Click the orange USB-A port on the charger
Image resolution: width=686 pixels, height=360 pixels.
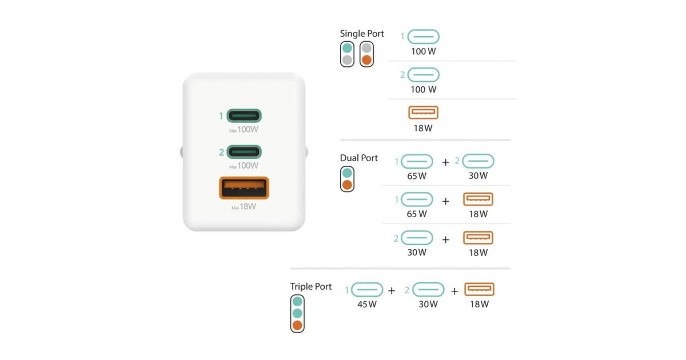[x=244, y=188]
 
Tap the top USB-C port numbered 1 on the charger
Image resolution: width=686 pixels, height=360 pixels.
[x=244, y=116]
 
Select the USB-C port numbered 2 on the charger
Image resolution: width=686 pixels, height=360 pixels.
[x=244, y=152]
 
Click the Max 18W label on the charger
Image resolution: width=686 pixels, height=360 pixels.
[x=244, y=206]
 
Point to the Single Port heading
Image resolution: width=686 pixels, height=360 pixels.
[x=362, y=34]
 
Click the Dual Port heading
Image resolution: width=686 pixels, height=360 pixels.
[x=359, y=158]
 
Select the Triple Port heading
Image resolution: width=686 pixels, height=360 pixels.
[x=311, y=286]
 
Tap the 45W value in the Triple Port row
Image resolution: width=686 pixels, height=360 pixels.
[x=367, y=304]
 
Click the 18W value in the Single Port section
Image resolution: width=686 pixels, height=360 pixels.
[x=423, y=128]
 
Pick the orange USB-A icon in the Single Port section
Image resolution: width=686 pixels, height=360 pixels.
[x=424, y=113]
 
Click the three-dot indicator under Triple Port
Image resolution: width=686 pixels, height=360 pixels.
[x=297, y=313]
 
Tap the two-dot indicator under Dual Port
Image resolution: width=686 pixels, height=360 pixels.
[x=347, y=179]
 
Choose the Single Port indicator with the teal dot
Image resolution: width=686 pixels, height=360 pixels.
[x=347, y=54]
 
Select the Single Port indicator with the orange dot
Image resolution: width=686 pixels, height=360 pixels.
[x=366, y=54]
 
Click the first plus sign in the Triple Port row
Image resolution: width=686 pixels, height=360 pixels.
[x=392, y=291]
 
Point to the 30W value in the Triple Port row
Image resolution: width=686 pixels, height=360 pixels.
[x=428, y=304]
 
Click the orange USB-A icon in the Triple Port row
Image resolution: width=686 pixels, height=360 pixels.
[x=479, y=289]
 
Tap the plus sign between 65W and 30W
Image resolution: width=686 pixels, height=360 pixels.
[x=446, y=162]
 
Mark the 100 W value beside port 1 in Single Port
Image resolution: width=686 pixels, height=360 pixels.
[x=424, y=51]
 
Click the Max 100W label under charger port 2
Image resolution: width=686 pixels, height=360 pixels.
[x=244, y=166]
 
